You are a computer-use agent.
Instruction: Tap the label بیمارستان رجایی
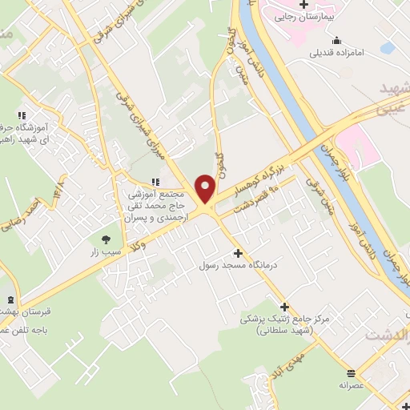pyautogui.click(x=303, y=15)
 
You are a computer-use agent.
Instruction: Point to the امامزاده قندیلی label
pyautogui.click(x=338, y=53)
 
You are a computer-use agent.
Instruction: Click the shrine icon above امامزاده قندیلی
pyautogui.click(x=338, y=40)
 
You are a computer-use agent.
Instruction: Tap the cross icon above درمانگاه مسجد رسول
pyautogui.click(x=237, y=252)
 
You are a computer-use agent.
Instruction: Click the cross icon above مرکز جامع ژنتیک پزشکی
pyautogui.click(x=284, y=306)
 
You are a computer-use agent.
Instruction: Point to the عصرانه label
pyautogui.click(x=352, y=384)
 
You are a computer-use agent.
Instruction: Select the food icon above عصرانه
pyautogui.click(x=352, y=372)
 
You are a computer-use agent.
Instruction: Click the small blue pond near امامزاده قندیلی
pyautogui.click(x=388, y=49)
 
